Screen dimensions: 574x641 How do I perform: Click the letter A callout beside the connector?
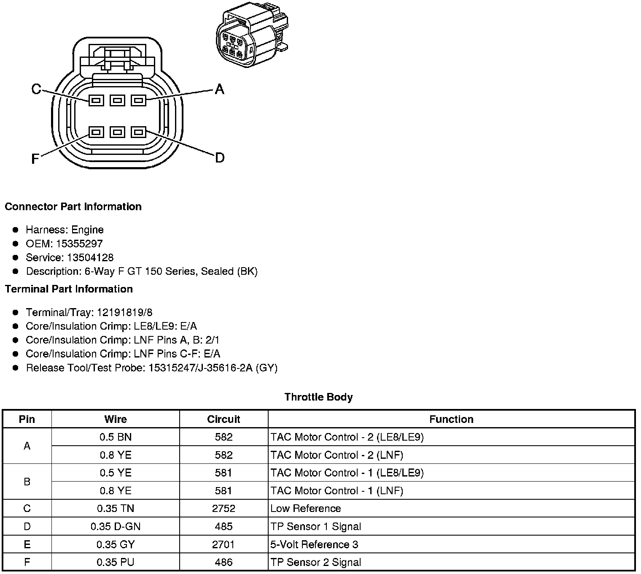pyautogui.click(x=219, y=89)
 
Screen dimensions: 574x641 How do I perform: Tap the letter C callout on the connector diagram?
pyautogui.click(x=36, y=89)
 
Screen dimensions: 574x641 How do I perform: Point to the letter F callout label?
pyautogui.click(x=35, y=159)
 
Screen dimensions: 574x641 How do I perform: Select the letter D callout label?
pyautogui.click(x=220, y=158)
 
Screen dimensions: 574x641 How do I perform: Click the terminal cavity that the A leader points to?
pyautogui.click(x=138, y=100)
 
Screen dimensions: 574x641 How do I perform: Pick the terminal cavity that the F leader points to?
pyautogui.click(x=96, y=132)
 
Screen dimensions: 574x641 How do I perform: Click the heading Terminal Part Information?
pyautogui.click(x=69, y=289)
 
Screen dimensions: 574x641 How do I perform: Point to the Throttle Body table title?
pyautogui.click(x=318, y=397)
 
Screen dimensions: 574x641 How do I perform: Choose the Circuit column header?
pyautogui.click(x=224, y=419)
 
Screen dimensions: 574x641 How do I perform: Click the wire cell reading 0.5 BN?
pyautogui.click(x=116, y=437)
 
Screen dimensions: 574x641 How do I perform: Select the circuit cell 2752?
pyautogui.click(x=224, y=509)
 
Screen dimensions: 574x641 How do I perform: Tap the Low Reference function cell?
pyautogui.click(x=306, y=509)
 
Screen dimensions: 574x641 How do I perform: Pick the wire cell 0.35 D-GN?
pyautogui.click(x=116, y=526)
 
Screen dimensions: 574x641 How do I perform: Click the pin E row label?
pyautogui.click(x=27, y=544)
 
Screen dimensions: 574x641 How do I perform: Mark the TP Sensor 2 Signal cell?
pyautogui.click(x=316, y=562)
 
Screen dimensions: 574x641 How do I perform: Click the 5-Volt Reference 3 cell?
pyautogui.click(x=314, y=544)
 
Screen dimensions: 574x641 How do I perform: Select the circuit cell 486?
pyautogui.click(x=224, y=562)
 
